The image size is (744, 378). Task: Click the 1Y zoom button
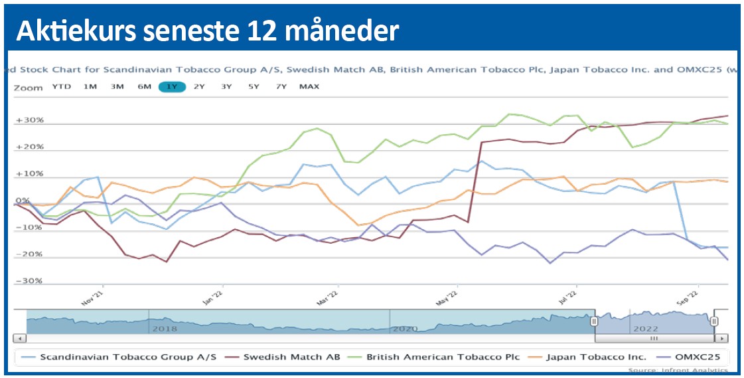(172, 86)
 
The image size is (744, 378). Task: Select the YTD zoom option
(62, 86)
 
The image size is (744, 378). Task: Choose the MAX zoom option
(309, 86)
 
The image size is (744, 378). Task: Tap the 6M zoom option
(145, 86)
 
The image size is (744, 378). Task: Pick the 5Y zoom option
(254, 86)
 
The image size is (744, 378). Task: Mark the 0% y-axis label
(23, 201)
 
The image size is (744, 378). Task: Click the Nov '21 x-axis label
(94, 297)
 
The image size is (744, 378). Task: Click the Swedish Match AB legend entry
(291, 357)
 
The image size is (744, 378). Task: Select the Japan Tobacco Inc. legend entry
(596, 357)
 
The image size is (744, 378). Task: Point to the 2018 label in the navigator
(165, 329)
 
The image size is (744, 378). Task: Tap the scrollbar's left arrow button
(21, 338)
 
